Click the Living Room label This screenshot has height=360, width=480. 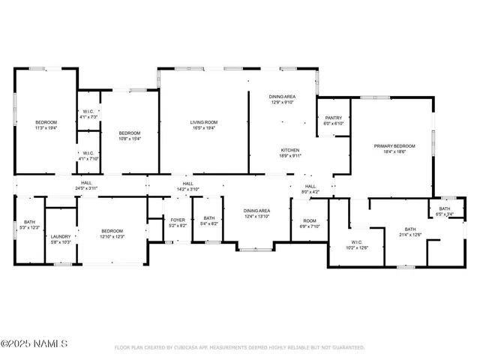[x=203, y=122]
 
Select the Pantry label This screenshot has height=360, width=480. [x=333, y=118]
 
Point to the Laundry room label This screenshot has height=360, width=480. [x=61, y=236]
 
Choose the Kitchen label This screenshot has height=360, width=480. [x=290, y=150]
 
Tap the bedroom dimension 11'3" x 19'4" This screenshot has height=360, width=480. [x=46, y=128]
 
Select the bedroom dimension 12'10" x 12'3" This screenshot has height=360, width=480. [x=112, y=236]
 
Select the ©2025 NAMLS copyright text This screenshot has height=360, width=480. [x=34, y=344]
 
